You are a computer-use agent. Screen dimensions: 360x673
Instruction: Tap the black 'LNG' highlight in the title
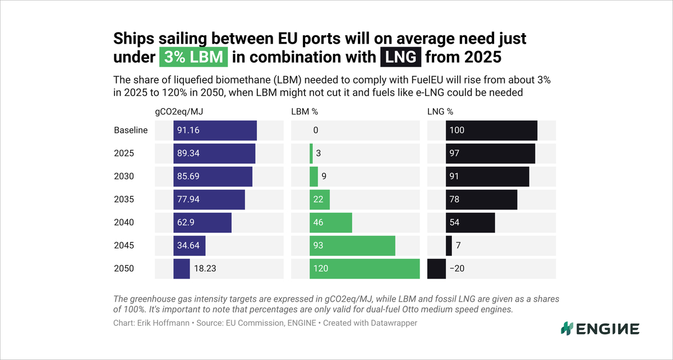tap(400, 57)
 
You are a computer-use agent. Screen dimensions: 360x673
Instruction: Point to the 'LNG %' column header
tap(440, 112)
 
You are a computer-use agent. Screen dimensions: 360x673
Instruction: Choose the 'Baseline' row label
tap(131, 130)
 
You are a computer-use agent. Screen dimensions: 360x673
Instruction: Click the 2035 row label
tap(124, 199)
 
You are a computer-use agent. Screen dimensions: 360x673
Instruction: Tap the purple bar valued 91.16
tap(215, 130)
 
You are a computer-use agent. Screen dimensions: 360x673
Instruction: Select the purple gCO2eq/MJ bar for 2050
tap(182, 269)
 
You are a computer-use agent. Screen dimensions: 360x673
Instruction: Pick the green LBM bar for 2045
tap(352, 246)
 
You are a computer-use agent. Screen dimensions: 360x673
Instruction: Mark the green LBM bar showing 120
tap(365, 269)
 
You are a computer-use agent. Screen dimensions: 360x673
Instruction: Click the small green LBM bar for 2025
tap(311, 153)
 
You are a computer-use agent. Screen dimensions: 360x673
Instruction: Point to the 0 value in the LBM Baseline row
tap(316, 130)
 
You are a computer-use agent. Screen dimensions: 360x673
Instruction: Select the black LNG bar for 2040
tap(471, 223)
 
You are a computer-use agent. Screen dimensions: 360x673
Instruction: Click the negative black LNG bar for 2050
tap(436, 269)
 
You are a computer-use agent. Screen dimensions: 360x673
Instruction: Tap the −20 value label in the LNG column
tap(457, 269)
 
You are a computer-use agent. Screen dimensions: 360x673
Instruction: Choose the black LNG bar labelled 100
tap(491, 130)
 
